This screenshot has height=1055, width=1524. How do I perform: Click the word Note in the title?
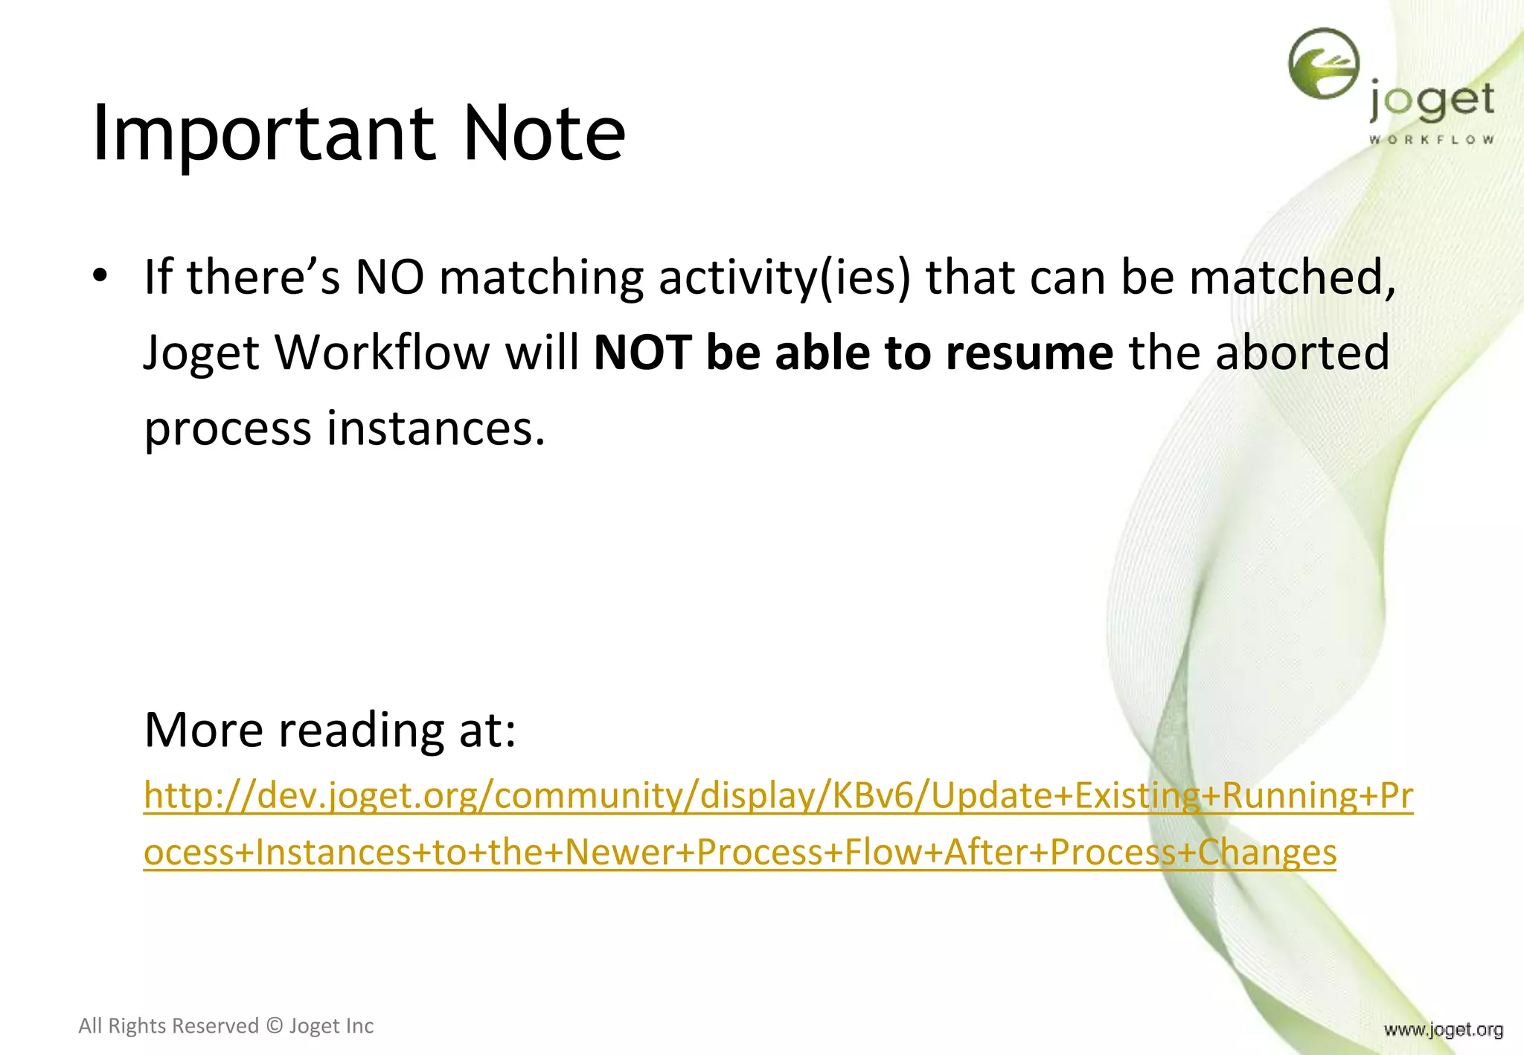pyautogui.click(x=543, y=134)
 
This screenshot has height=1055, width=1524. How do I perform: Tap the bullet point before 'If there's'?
pyautogui.click(x=100, y=277)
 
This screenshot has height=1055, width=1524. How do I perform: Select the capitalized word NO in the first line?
pyautogui.click(x=390, y=277)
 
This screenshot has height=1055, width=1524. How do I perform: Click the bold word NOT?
pyautogui.click(x=643, y=353)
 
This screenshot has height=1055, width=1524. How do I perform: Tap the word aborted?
pyautogui.click(x=1302, y=353)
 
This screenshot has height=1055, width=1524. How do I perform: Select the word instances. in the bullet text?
pyautogui.click(x=436, y=429)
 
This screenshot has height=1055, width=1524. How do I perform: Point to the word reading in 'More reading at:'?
pyautogui.click(x=362, y=729)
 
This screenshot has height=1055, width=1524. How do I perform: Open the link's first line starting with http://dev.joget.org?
pyautogui.click(x=778, y=796)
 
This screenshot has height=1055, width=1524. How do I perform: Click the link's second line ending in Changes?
pyautogui.click(x=740, y=853)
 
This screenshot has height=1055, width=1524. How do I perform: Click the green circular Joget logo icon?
pyautogui.click(x=1323, y=64)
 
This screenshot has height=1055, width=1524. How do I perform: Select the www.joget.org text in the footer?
pyautogui.click(x=1443, y=1030)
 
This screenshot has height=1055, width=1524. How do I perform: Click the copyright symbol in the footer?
pyautogui.click(x=275, y=1026)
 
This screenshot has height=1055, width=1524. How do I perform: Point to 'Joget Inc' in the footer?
pyautogui.click(x=331, y=1026)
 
